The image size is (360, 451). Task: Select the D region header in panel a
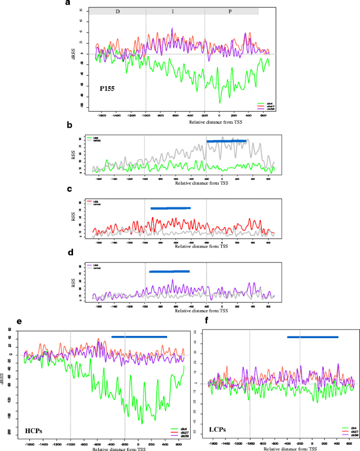click(117, 11)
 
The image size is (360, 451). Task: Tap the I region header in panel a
click(175, 11)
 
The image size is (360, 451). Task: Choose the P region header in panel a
click(231, 11)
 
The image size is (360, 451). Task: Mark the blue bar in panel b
click(226, 141)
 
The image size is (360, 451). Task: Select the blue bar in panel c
click(170, 208)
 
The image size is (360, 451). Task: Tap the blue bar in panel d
click(169, 271)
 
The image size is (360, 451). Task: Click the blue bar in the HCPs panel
click(139, 337)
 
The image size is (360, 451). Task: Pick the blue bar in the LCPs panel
click(313, 337)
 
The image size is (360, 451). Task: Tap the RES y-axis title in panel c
click(73, 221)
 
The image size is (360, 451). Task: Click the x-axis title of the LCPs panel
click(290, 449)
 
